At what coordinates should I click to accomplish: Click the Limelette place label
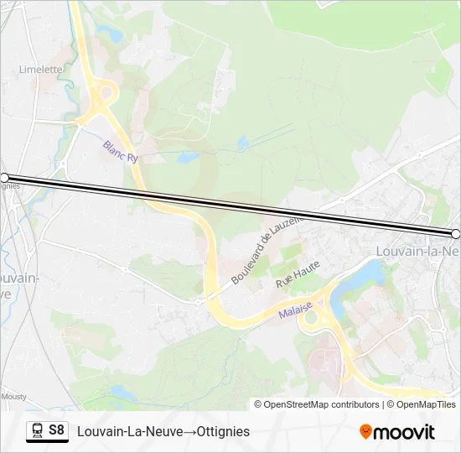point(40,70)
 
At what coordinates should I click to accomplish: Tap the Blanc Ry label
point(119,151)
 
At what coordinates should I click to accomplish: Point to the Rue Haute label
point(298,279)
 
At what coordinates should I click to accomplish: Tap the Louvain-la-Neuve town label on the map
point(417,251)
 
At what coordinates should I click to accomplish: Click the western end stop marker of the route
point(4,178)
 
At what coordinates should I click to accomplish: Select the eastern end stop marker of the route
point(456,234)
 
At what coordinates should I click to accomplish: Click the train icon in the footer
point(37,431)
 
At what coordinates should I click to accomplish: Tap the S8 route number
point(57,430)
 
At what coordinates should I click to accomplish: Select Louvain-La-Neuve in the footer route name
point(129,431)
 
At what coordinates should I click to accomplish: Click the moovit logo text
point(404,432)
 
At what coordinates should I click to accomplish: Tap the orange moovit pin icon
point(365,432)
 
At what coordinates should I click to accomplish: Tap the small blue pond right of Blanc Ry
point(187,157)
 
